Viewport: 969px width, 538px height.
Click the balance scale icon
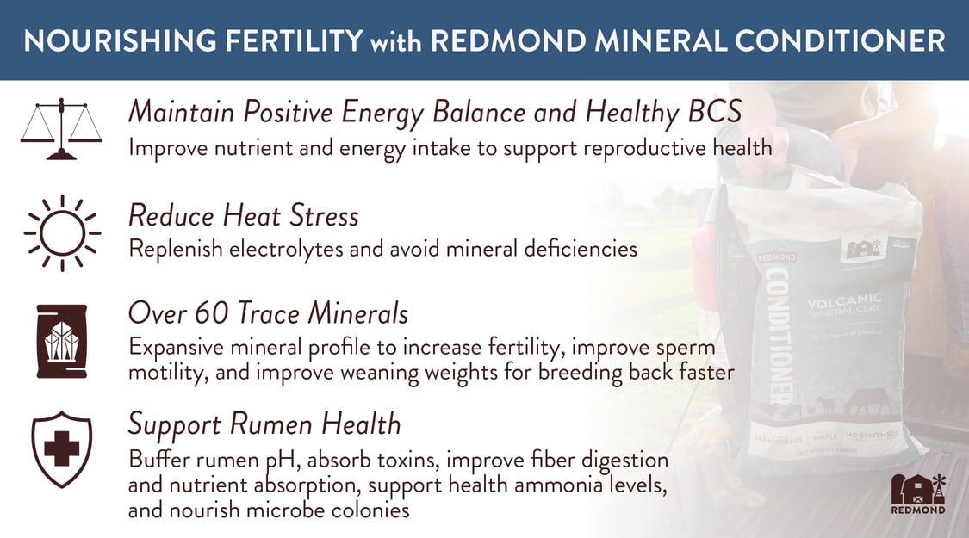pos(61,128)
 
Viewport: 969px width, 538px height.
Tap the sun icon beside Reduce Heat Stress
pos(61,232)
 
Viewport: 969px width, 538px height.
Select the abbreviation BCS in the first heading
pos(711,112)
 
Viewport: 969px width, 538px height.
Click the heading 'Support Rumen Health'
pos(264,424)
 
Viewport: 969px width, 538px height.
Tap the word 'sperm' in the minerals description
pos(685,348)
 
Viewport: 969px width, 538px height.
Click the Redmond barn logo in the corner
pos(917,492)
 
